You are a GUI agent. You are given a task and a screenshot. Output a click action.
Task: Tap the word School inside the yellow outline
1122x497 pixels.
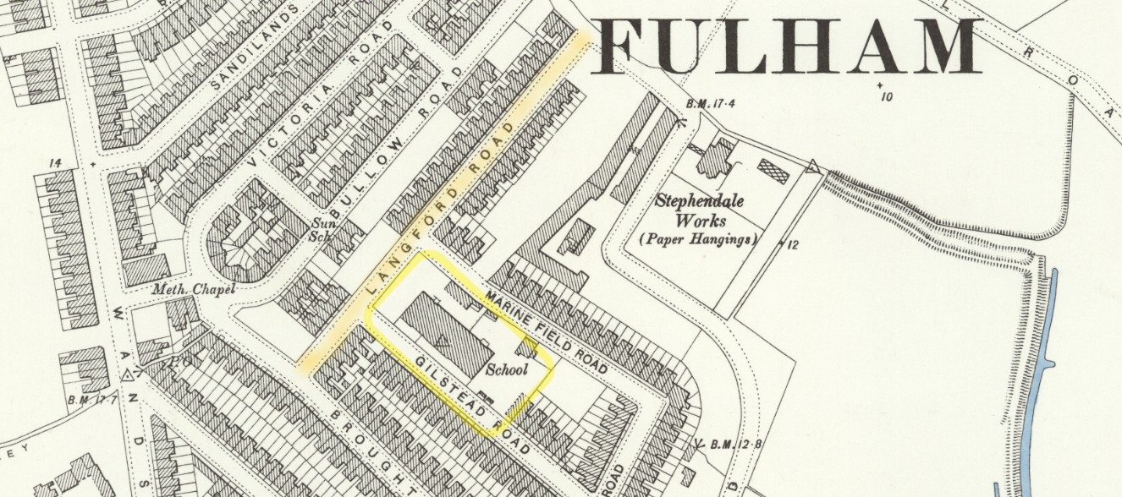[x=507, y=369]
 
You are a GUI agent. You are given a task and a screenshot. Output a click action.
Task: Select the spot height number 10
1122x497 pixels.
[x=886, y=96]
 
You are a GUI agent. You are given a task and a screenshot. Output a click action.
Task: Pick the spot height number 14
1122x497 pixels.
[x=57, y=163]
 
